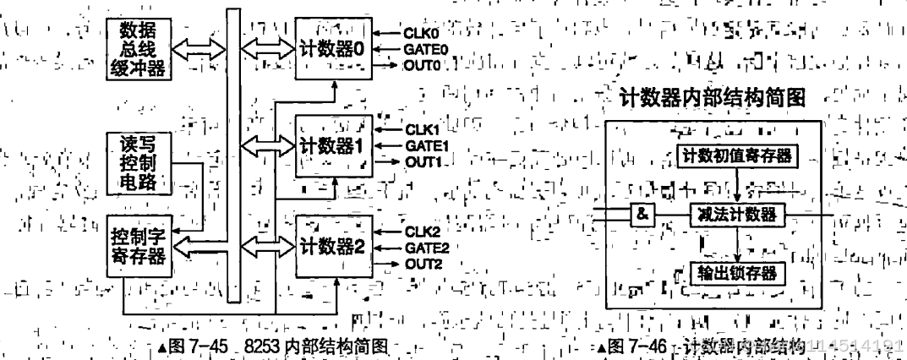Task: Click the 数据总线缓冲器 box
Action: tap(140, 47)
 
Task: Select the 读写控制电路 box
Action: tap(140, 161)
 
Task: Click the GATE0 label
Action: tap(426, 49)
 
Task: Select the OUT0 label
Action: tap(423, 64)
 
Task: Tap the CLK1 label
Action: tap(422, 130)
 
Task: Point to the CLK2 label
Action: tap(422, 232)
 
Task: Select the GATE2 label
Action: tap(426, 247)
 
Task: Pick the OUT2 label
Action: tap(423, 263)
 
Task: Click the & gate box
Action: tap(642, 214)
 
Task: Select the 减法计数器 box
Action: tap(738, 214)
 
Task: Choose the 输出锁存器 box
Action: tap(738, 274)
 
